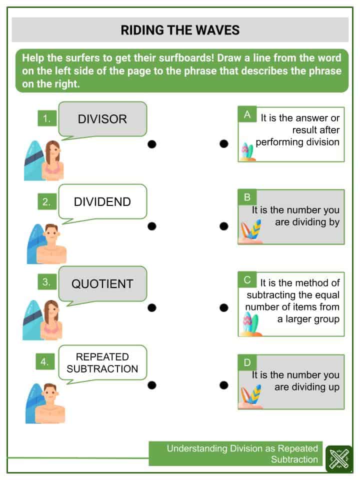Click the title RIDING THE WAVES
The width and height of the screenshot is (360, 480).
tap(180, 30)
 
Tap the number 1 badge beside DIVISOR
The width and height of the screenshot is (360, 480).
tap(47, 118)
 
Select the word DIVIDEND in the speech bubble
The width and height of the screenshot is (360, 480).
tap(102, 201)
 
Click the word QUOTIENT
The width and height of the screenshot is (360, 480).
tap(102, 284)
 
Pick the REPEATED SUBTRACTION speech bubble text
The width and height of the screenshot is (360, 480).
tap(102, 363)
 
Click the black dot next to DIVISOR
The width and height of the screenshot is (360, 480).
tap(152, 144)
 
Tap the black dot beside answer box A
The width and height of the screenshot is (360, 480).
tap(224, 143)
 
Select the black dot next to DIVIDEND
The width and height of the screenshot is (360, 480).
tap(152, 226)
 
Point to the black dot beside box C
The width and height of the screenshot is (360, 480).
tap(224, 307)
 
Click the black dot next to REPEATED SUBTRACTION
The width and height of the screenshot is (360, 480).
tap(152, 385)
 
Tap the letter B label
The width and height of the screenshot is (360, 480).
tap(247, 197)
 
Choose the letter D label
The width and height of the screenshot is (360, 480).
tap(247, 362)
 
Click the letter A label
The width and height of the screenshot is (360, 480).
tap(247, 115)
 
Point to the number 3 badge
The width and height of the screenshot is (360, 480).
tap(47, 281)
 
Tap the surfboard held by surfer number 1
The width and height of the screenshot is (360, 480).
tap(33, 160)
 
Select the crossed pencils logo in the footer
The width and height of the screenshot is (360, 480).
tap(339, 458)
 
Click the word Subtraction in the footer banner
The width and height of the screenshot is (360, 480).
tap(294, 459)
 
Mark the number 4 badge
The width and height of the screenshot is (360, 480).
tap(45, 361)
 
